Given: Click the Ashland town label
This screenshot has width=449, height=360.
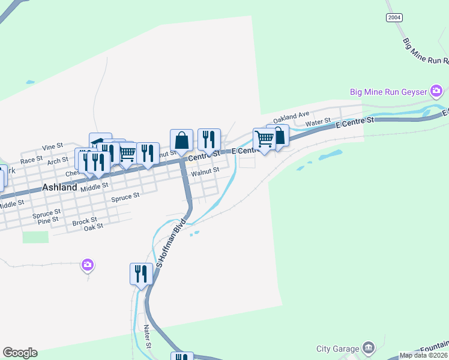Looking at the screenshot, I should click(59, 187).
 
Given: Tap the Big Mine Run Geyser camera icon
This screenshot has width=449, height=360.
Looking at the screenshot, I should click(436, 92).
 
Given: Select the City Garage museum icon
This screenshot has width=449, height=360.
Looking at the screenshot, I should click(369, 348).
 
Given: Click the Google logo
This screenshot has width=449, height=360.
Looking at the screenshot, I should click(20, 353).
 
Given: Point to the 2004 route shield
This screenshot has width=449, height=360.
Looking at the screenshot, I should click(394, 17).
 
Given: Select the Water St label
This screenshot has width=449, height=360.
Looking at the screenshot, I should click(318, 122).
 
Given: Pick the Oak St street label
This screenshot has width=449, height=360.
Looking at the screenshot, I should click(94, 226).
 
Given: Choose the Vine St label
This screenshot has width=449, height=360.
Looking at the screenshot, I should click(53, 146).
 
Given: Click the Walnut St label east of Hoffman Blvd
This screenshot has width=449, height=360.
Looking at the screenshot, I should click(205, 172).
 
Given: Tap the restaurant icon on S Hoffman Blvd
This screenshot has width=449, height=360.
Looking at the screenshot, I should click(141, 274).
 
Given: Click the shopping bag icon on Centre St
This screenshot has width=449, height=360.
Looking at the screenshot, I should click(181, 140).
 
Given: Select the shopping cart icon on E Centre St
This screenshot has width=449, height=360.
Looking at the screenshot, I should click(264, 139).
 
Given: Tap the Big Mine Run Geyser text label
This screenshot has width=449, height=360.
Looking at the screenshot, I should click(389, 92).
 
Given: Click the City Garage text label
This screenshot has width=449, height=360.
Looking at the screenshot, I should click(338, 349).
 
